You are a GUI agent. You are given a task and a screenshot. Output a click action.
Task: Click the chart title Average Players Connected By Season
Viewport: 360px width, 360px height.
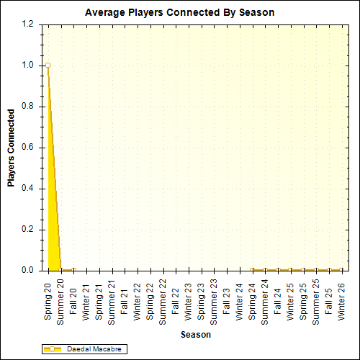tap(179, 13)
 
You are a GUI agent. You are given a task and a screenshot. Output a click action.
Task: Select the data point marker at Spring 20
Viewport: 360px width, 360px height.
tap(48, 65)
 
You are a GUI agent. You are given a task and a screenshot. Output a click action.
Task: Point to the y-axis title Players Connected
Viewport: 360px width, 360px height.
tap(11, 148)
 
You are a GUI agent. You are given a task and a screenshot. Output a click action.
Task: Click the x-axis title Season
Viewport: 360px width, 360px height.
tap(196, 335)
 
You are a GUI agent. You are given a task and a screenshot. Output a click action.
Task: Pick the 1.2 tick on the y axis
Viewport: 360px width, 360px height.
tap(28, 24)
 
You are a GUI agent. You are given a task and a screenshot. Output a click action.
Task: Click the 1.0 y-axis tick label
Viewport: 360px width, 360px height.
tap(28, 65)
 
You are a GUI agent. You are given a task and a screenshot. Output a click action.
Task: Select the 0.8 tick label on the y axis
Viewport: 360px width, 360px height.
tap(28, 107)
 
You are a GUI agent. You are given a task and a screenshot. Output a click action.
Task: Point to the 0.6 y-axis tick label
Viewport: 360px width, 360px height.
tap(28, 148)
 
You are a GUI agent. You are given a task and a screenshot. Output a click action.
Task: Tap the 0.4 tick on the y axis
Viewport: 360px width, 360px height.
tap(28, 189)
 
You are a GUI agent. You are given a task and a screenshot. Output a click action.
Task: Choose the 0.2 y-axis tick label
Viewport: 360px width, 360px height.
tap(28, 230)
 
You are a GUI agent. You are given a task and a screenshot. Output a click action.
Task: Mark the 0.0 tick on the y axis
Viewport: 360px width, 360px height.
tap(28, 271)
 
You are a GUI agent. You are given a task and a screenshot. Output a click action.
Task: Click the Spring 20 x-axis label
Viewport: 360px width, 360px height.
tap(48, 296)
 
